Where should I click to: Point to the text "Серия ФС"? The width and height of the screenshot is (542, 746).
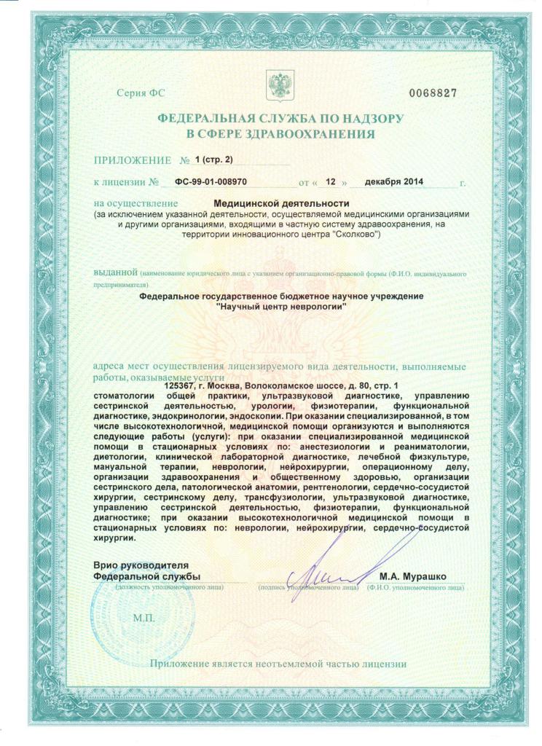pyautogui.click(x=136, y=95)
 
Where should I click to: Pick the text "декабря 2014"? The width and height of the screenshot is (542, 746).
pyautogui.click(x=393, y=181)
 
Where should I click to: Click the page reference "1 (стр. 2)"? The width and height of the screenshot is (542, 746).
pyautogui.click(x=211, y=160)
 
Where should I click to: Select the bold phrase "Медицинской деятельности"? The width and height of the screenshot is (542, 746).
pyautogui.click(x=282, y=204)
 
